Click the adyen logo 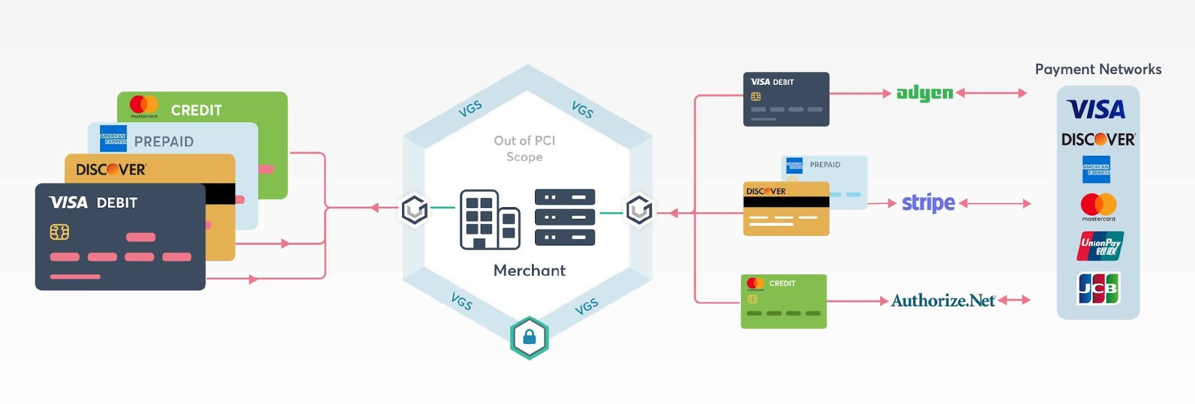924,93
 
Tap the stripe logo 928,203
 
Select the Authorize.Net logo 943,301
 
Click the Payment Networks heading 1098,70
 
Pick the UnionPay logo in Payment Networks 1100,246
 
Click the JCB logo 1099,288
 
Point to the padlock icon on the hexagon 529,337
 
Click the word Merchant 529,271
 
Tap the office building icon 490,219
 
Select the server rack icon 565,217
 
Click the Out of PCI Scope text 524,149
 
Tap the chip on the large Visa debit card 59,232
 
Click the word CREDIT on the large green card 196,111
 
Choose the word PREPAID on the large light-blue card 164,142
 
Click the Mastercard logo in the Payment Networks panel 1099,207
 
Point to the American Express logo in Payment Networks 1097,169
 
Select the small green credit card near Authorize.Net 784,302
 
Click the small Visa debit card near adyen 786,99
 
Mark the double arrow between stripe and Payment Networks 995,203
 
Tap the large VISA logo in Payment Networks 1096,109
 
